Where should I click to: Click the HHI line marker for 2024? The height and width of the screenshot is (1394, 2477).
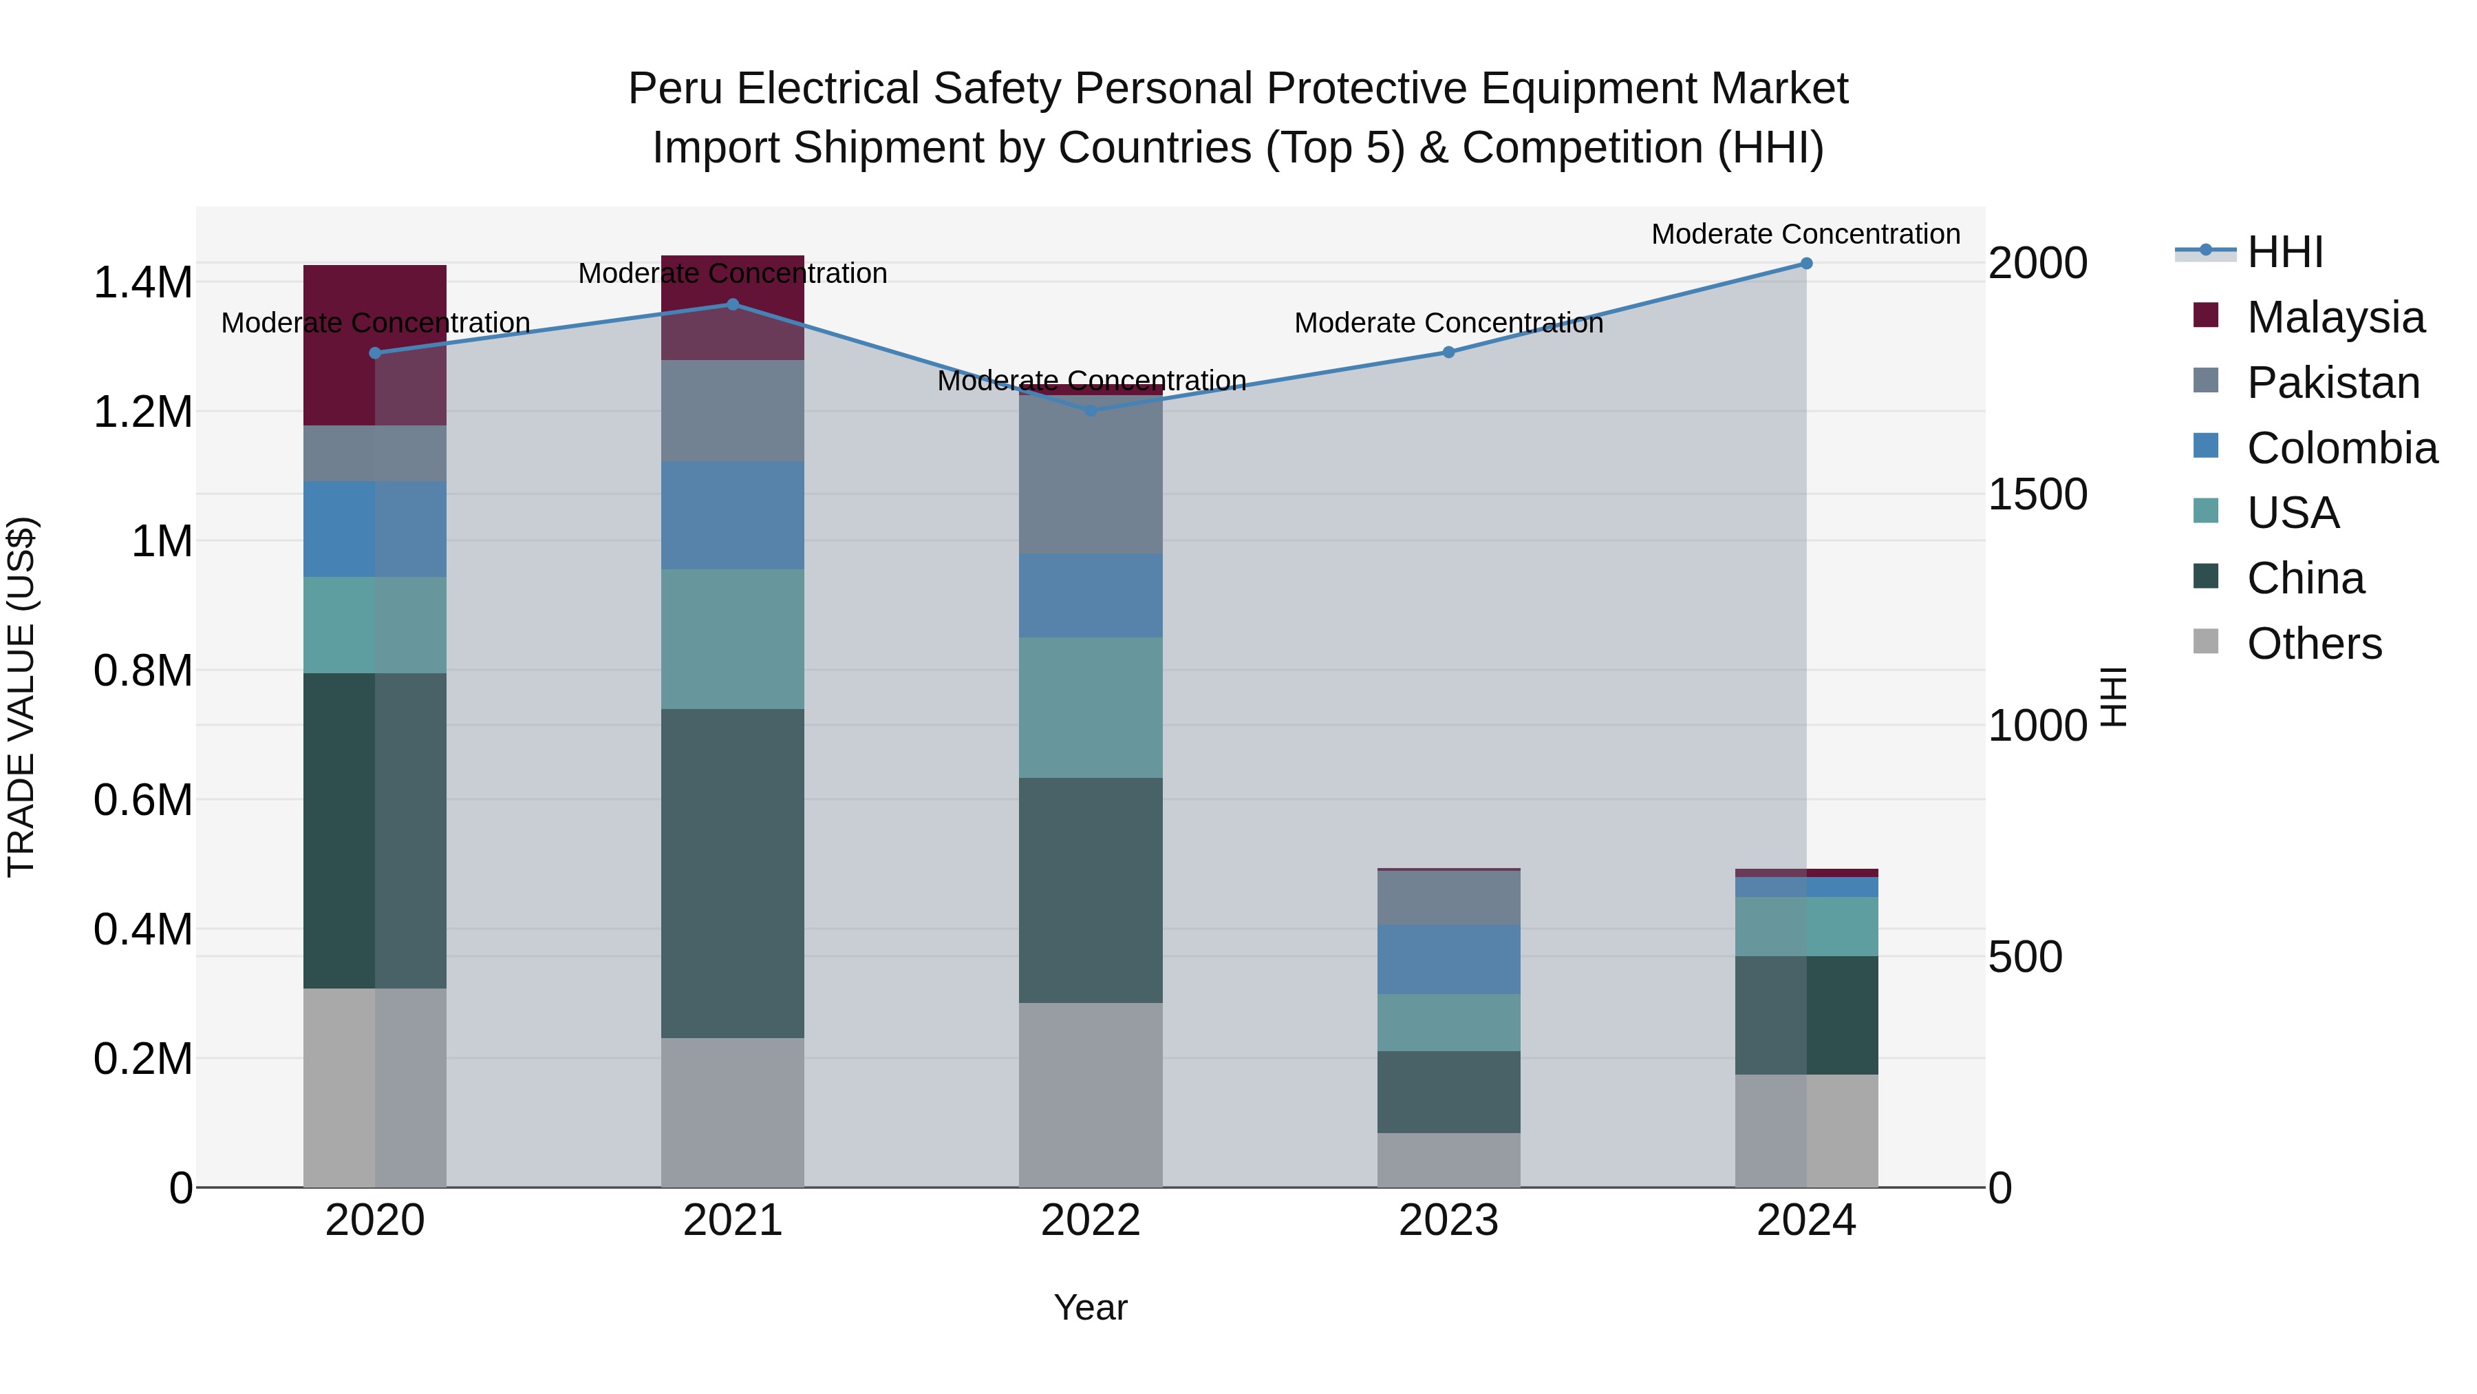1806,264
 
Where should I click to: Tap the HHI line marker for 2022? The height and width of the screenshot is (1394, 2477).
1091,411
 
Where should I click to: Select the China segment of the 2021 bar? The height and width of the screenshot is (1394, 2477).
733,873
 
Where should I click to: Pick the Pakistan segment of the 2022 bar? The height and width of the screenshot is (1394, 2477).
1091,474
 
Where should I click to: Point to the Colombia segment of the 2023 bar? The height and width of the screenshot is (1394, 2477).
1448,959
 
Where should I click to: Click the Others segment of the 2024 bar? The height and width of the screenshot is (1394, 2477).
1806,1130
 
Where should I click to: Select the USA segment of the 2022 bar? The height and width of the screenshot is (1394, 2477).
1091,707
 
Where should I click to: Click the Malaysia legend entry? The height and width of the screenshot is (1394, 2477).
2335,317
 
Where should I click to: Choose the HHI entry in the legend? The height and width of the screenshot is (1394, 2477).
2284,252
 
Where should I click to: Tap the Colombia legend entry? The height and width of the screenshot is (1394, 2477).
2341,448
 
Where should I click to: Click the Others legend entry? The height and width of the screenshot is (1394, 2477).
2313,644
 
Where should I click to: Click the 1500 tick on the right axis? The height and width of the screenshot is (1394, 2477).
2037,494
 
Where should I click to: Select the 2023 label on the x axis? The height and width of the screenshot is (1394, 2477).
1448,1221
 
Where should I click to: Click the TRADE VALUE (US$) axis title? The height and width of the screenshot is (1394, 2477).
21,697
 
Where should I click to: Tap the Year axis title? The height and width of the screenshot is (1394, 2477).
1091,1307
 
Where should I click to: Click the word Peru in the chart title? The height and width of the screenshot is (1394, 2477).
677,89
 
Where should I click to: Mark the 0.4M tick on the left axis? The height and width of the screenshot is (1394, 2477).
142,930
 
